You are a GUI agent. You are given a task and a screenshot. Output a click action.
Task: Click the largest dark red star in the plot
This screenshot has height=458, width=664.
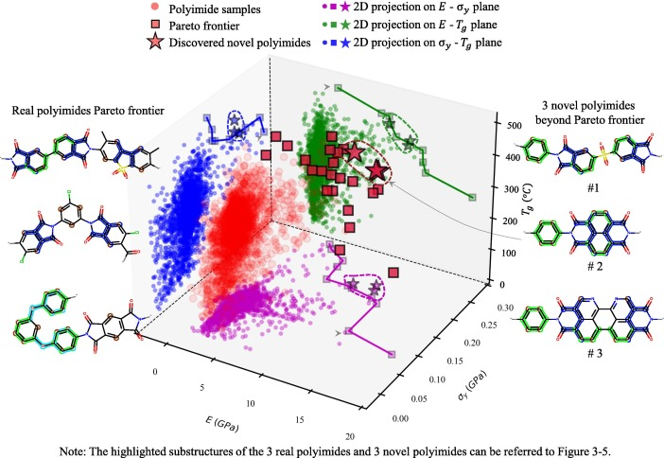tap(376, 170)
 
